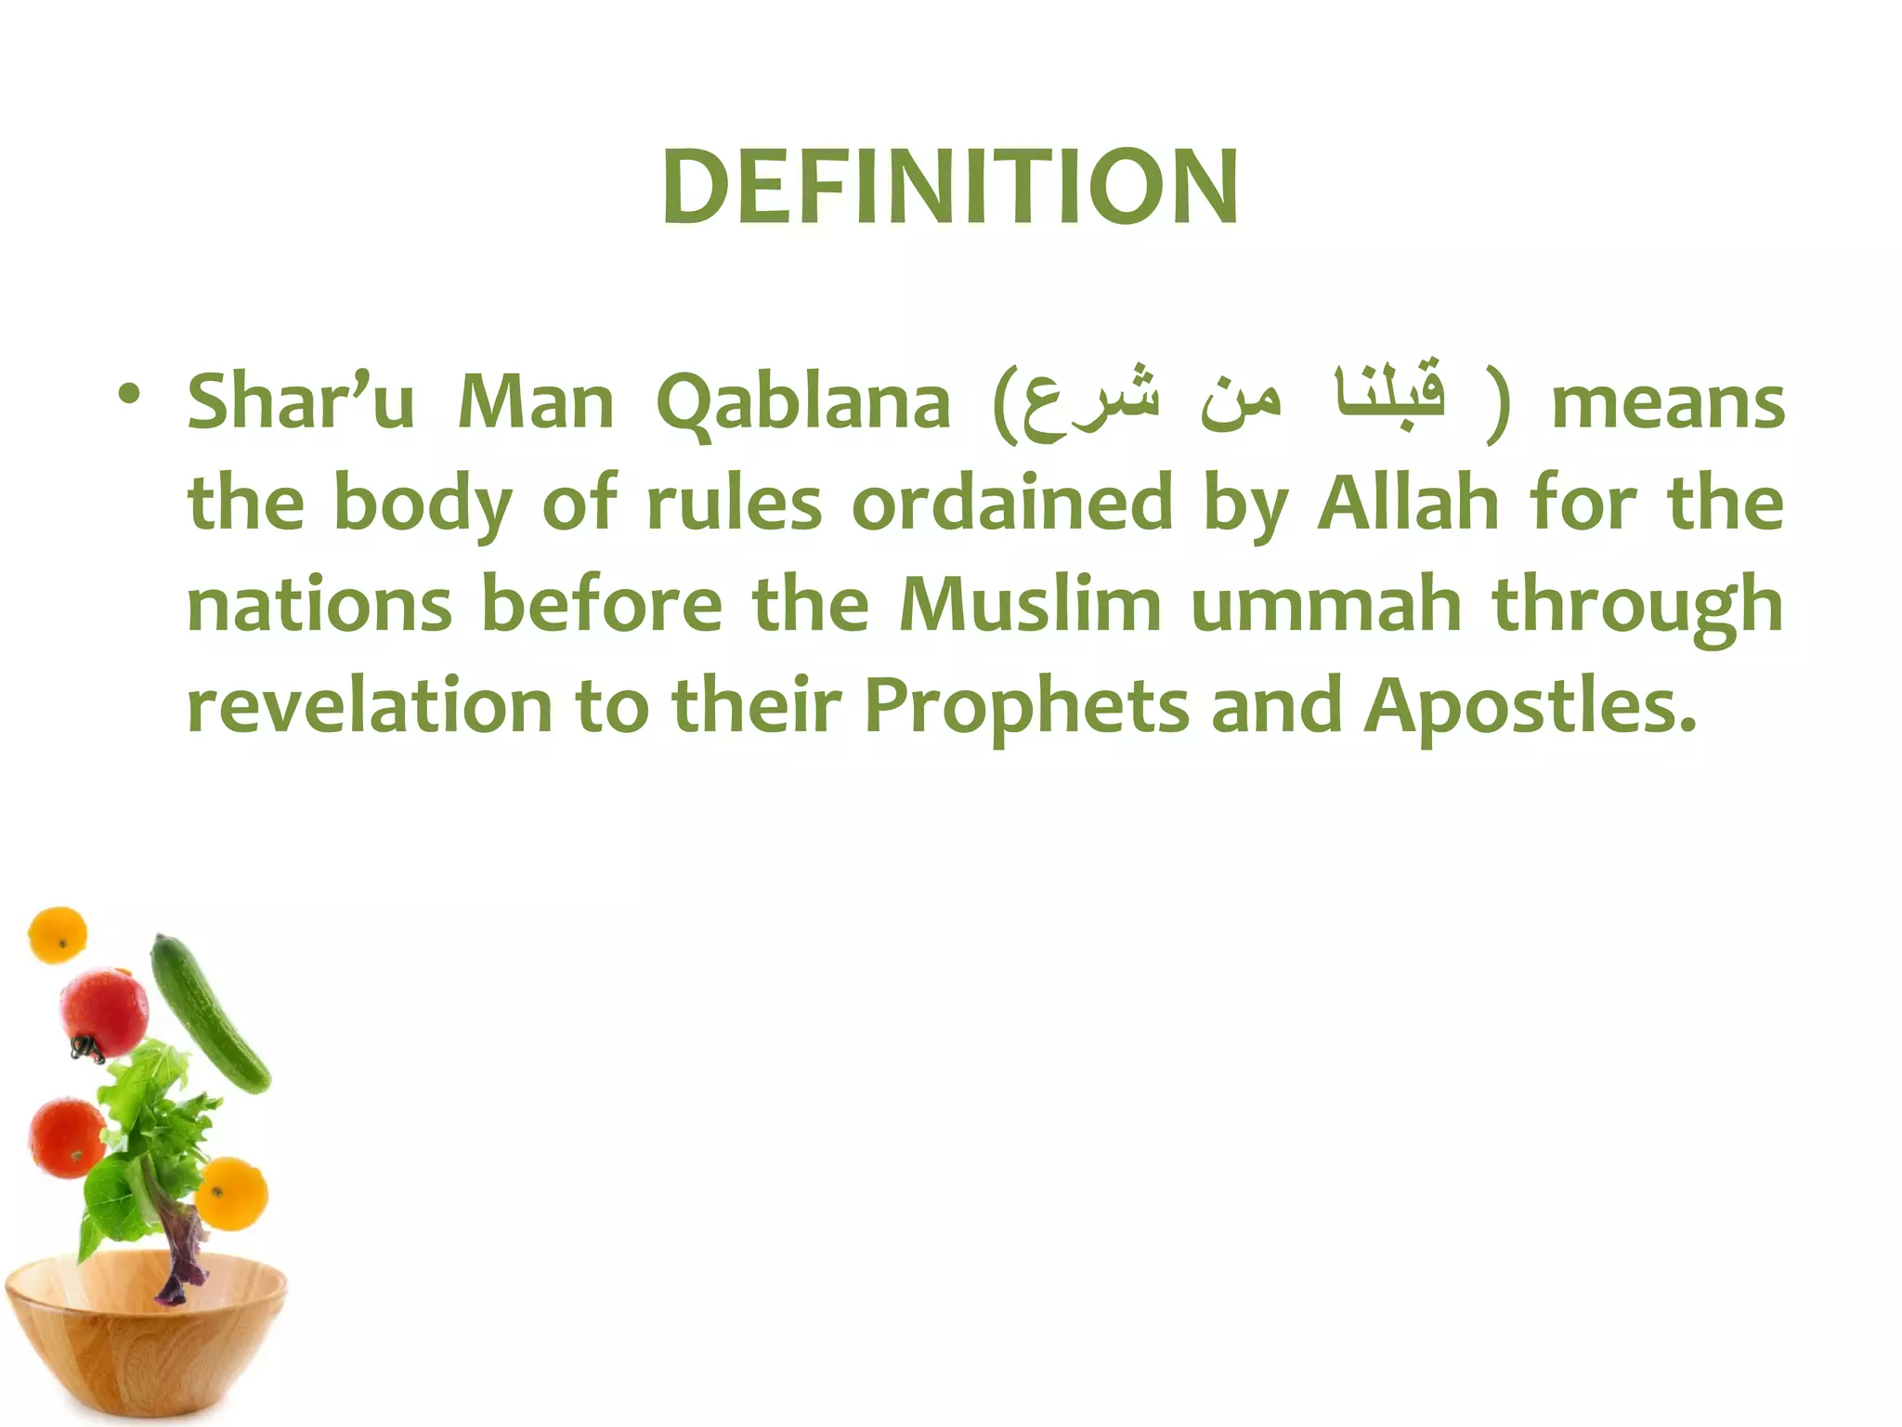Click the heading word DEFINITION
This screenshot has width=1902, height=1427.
pos(950,188)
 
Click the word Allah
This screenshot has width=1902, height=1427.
pos(1408,504)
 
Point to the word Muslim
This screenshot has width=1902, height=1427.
pos(1030,605)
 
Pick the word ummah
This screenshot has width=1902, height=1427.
pos(1326,605)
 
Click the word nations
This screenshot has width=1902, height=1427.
pos(319,605)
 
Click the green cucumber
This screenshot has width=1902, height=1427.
pos(210,1013)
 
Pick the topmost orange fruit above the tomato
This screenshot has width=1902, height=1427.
pos(58,935)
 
